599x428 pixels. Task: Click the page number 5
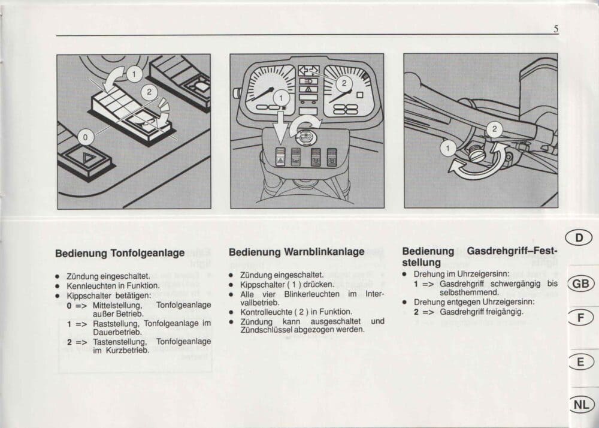556,29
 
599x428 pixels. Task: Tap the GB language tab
580,284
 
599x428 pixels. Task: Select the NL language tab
582,404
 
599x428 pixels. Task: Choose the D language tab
579,238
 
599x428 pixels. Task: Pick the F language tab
580,317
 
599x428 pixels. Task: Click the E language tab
580,361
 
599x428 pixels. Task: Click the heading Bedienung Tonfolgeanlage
120,254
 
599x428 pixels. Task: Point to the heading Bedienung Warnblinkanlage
297,252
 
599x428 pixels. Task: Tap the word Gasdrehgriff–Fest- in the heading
512,251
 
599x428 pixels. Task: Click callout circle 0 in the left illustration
85,137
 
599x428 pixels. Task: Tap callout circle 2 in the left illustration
149,92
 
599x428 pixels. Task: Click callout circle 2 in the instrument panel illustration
344,83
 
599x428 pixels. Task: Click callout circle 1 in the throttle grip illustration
448,148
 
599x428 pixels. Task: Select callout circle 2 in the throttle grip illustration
494,129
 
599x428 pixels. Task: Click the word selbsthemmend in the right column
469,293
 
